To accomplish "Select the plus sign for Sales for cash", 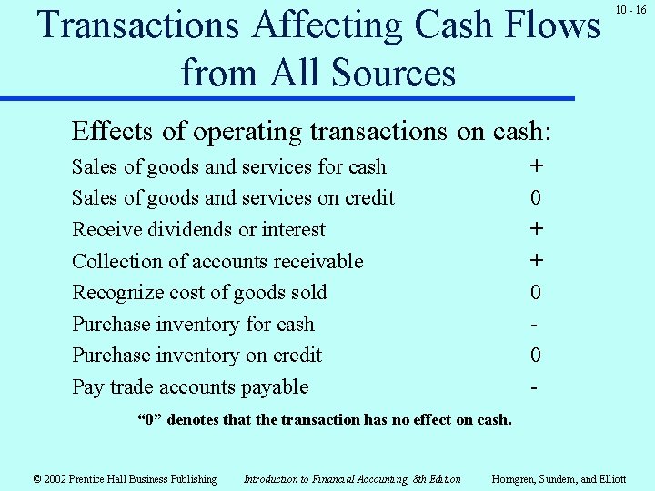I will (x=537, y=166).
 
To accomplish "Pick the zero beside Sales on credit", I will (x=537, y=198).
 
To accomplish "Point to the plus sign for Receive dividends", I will (x=537, y=229).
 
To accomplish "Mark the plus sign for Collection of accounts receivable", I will (x=537, y=261).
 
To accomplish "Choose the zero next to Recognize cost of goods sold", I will (x=537, y=293).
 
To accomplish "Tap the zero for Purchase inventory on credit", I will (x=537, y=356).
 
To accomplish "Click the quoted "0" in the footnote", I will (x=149, y=420).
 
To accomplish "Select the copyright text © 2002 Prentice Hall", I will (x=125, y=479).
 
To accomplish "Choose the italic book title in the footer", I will (x=352, y=479).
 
